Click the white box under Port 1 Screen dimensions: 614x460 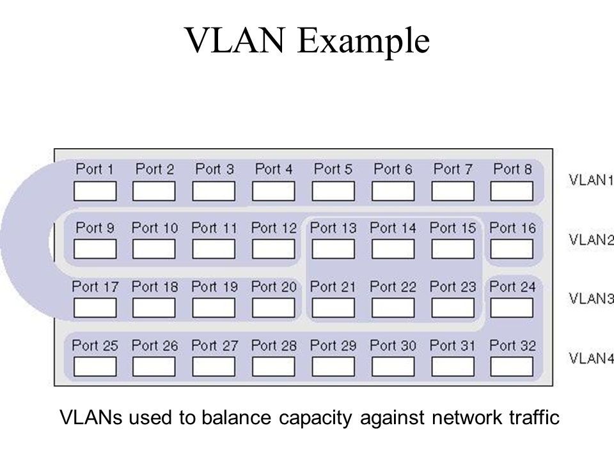coord(95,191)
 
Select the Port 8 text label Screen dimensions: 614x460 coord(512,169)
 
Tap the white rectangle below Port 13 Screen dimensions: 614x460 coord(333,249)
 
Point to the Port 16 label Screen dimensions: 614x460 coord(512,227)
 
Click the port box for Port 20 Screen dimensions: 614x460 coord(273,308)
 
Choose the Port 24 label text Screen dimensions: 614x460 coord(512,287)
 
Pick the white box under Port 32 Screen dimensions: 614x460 coord(512,367)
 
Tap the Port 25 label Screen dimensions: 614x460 coord(95,346)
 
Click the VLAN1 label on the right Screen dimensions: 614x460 coord(591,180)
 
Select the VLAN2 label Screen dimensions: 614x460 coord(591,240)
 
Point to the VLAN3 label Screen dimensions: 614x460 coord(591,299)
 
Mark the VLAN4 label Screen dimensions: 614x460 coord(591,358)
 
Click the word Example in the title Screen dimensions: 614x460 coord(363,41)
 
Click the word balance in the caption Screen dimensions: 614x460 coord(236,417)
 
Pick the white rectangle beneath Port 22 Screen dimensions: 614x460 coord(393,308)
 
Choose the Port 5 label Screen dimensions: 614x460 coord(333,169)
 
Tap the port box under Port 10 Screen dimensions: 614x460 coord(154,249)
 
